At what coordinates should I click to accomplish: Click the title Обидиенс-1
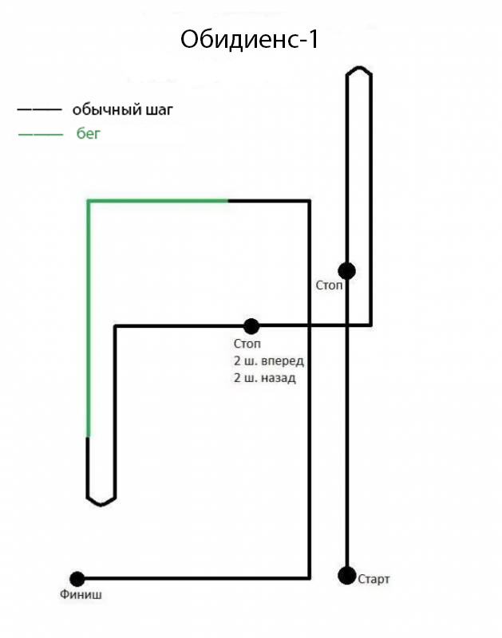(x=250, y=39)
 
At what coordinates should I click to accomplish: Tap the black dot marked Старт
(x=347, y=575)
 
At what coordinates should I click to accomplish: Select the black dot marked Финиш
(x=77, y=579)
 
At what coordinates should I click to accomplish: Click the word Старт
(x=374, y=579)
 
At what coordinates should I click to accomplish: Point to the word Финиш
(x=81, y=594)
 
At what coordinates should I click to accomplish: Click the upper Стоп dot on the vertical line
(x=347, y=271)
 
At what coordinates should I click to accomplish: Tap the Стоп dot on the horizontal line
(x=251, y=326)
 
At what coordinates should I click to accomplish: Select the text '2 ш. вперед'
(x=269, y=361)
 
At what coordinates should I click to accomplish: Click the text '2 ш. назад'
(x=265, y=378)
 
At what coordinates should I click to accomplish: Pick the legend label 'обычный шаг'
(x=123, y=110)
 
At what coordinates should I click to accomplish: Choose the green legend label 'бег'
(x=88, y=133)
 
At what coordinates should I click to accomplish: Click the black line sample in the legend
(x=39, y=110)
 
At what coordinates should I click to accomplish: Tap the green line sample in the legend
(x=41, y=134)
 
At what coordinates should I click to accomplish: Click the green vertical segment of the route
(x=88, y=319)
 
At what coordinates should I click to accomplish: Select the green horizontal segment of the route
(x=158, y=201)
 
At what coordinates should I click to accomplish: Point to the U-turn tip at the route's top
(x=358, y=67)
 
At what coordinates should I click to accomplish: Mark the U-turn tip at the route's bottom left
(x=101, y=505)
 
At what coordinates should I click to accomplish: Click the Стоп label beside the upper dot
(x=330, y=286)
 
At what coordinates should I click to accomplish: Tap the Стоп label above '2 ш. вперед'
(x=247, y=344)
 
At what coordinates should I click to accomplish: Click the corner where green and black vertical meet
(x=88, y=437)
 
